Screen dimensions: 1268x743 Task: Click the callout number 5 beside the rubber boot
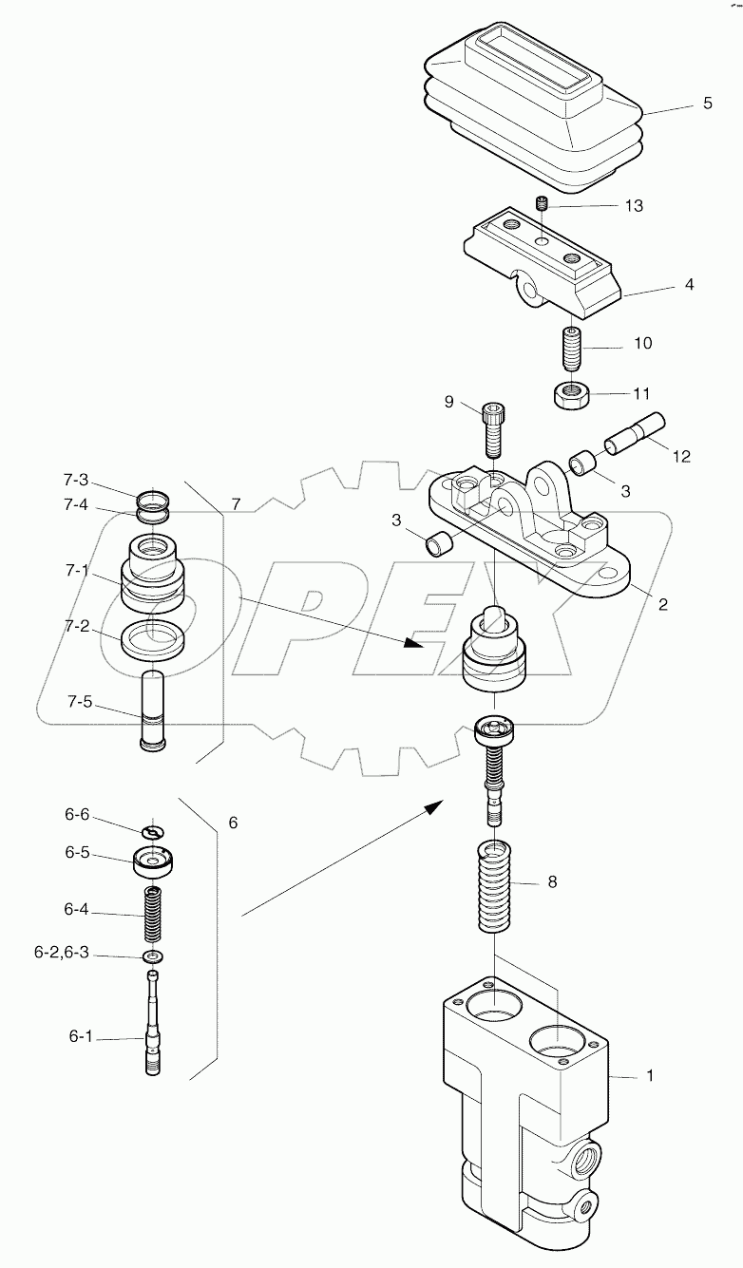[x=707, y=104]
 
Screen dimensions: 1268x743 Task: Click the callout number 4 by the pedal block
[x=688, y=284]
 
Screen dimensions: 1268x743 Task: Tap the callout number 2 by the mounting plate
[x=662, y=604]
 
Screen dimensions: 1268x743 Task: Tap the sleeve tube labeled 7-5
[x=153, y=710]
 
